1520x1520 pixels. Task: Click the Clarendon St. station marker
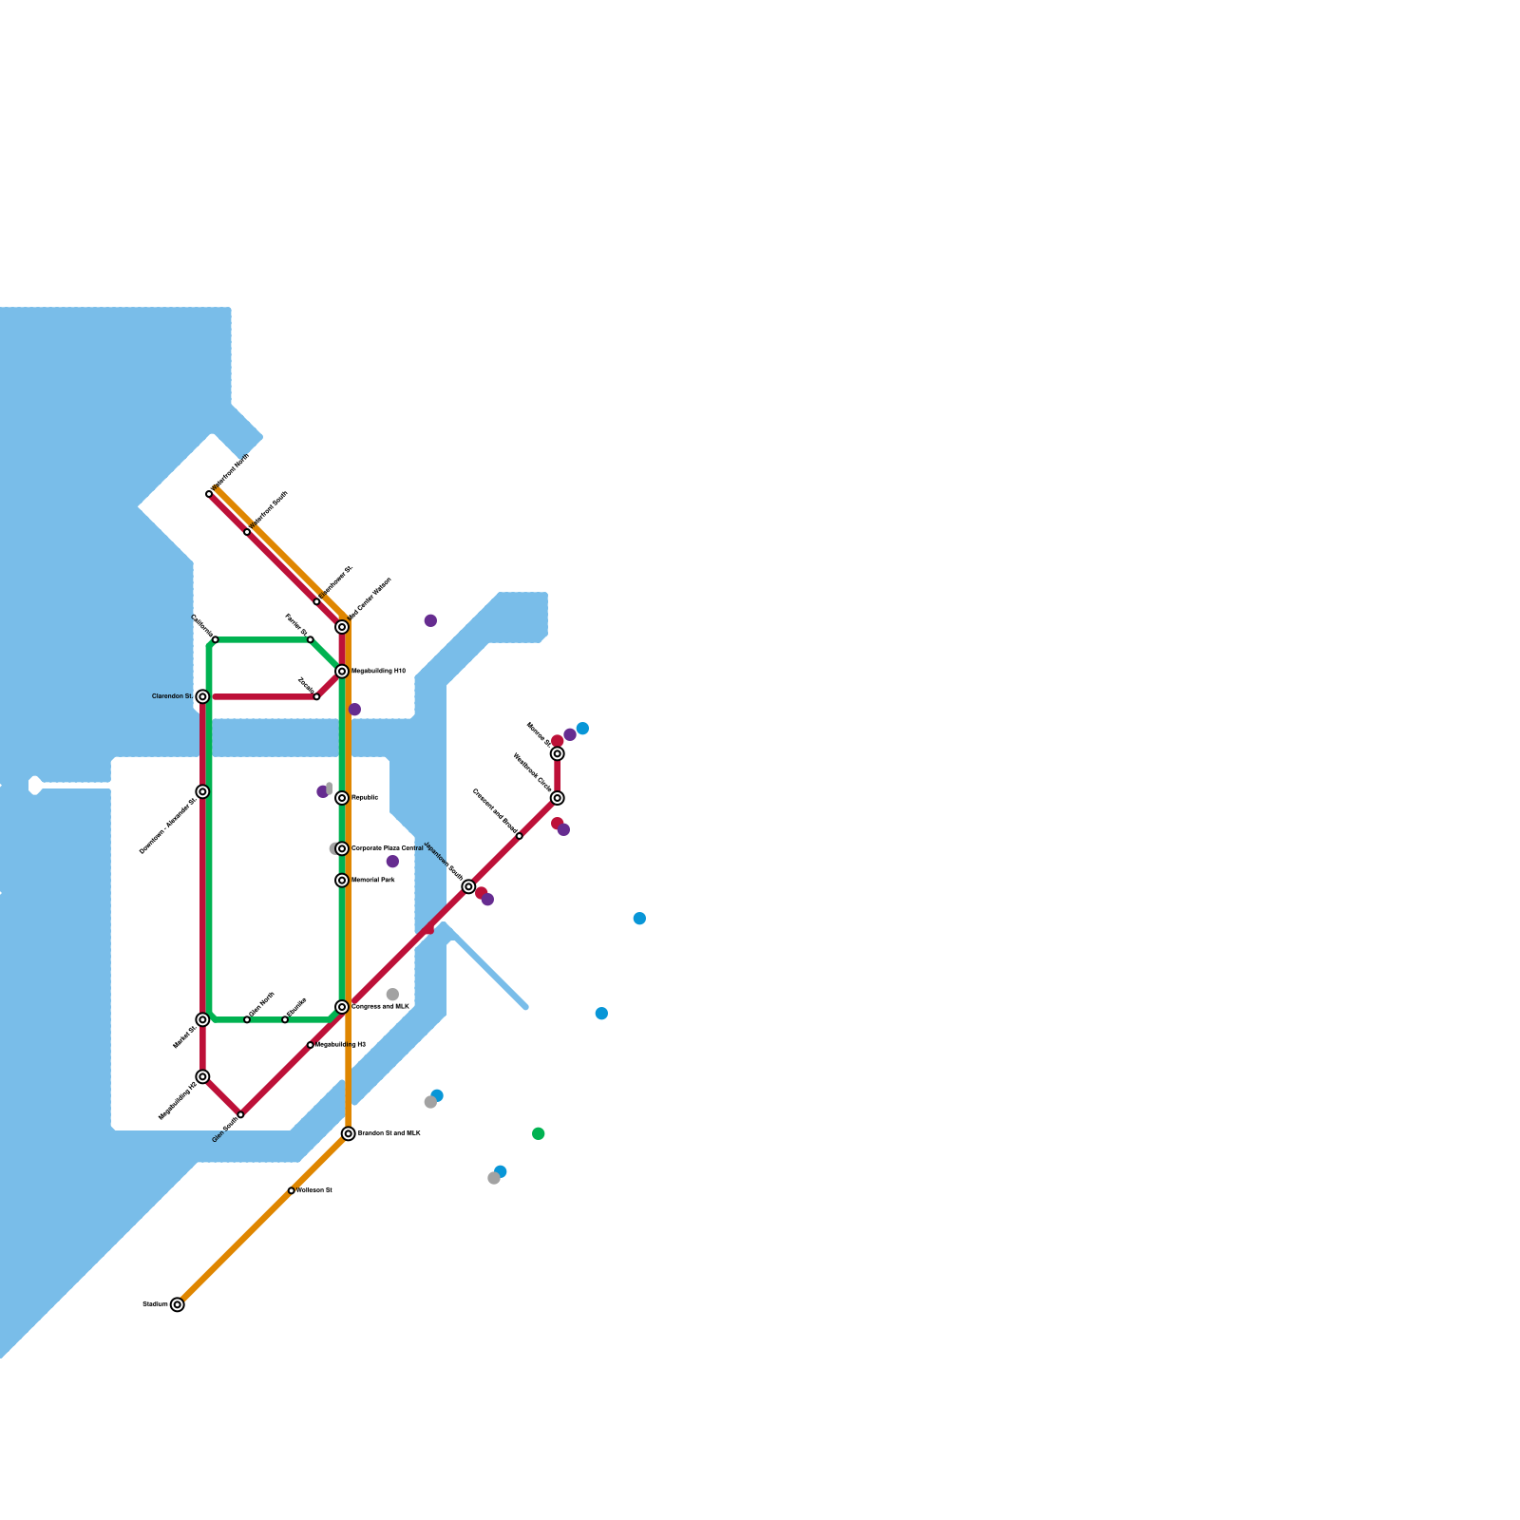[x=202, y=696]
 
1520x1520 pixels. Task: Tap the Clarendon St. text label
[x=172, y=696]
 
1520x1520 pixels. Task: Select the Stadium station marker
[x=178, y=1304]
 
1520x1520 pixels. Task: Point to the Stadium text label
[x=155, y=1304]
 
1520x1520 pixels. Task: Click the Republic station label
[x=365, y=798]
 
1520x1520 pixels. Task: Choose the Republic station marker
[x=342, y=798]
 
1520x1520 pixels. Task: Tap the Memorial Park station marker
[x=342, y=881]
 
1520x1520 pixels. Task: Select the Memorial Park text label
[x=373, y=881]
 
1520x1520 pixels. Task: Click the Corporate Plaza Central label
[x=387, y=848]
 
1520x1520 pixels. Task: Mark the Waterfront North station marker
[x=209, y=494]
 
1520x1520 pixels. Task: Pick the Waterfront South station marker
[x=247, y=532]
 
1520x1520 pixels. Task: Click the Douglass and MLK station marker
[x=342, y=1007]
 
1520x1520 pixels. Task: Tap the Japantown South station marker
[x=468, y=886]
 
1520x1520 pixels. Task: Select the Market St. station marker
[x=202, y=1019]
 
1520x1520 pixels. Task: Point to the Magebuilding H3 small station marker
[x=311, y=1045]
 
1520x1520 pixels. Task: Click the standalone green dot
[x=539, y=1133]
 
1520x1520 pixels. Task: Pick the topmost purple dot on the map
[x=430, y=620]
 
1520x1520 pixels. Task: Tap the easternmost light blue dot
[x=639, y=919]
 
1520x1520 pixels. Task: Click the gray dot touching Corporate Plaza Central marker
[x=333, y=848]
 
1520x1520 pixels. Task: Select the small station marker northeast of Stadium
[x=292, y=1190]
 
